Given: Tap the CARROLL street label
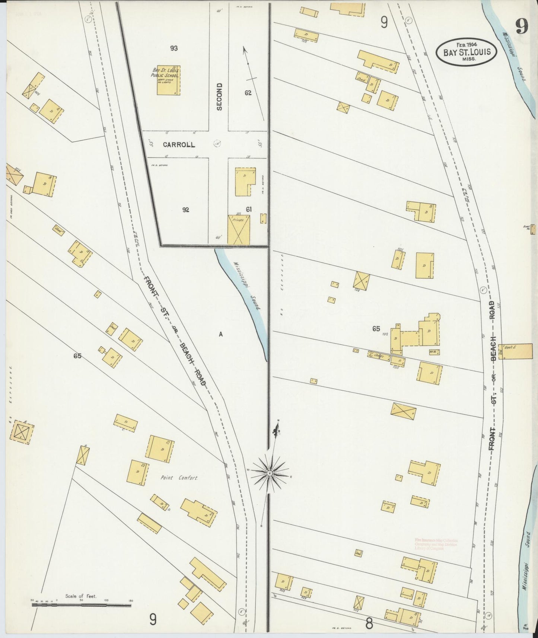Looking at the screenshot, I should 179,145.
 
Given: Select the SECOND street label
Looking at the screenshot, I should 219,96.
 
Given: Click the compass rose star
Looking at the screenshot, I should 270,472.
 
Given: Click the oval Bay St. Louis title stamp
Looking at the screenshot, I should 466,52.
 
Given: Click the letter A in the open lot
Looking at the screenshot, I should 220,334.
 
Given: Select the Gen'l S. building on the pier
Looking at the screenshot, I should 518,351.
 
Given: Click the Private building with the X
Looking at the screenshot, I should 239,230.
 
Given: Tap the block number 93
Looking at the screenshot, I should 174,48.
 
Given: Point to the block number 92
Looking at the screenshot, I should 185,210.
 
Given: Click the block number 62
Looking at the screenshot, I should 248,93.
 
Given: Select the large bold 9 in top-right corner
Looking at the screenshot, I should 522,27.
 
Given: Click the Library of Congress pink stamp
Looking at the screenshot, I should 436,544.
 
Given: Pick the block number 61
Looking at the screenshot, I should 249,210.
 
